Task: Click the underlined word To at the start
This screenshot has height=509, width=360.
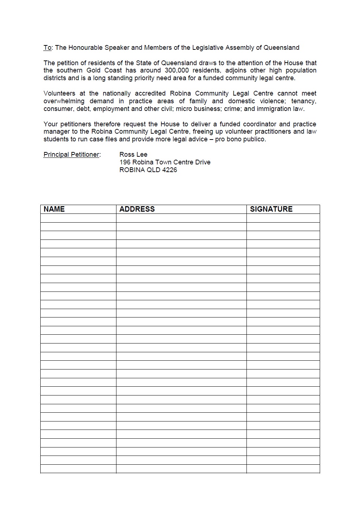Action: (48, 48)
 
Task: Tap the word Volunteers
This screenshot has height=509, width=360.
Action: (59, 93)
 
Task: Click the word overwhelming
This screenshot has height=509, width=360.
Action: (64, 101)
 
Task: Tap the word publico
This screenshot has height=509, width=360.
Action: (253, 139)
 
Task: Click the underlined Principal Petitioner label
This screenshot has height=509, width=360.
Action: (72, 155)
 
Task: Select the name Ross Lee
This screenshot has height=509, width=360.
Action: (133, 155)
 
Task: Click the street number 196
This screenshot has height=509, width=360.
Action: (125, 162)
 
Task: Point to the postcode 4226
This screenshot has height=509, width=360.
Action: (169, 170)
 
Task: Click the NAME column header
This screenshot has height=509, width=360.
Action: (54, 209)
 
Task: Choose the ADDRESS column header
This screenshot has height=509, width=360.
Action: (137, 209)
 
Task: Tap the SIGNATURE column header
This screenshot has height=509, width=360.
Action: (271, 209)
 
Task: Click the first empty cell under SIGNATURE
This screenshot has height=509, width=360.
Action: (283, 218)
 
